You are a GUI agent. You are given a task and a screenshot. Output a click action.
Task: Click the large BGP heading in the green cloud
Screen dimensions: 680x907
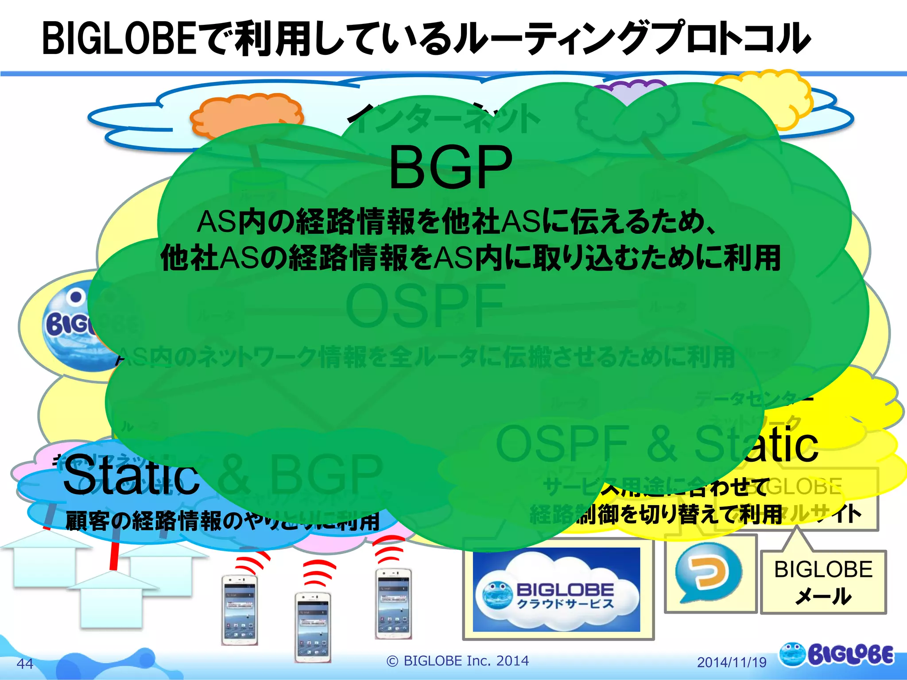[450, 168]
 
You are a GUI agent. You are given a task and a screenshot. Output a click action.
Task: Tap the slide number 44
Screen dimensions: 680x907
[25, 663]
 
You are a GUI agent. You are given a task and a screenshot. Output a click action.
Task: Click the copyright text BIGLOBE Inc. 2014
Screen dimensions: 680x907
[458, 661]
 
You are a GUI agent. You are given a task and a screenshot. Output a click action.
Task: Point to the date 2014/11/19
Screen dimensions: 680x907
[732, 662]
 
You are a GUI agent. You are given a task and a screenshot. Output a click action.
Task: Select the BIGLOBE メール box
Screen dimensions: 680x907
[823, 582]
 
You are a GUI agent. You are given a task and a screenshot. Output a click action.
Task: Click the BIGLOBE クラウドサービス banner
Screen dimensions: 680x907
[556, 590]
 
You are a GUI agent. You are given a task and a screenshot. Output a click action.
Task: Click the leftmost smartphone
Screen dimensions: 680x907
[240, 609]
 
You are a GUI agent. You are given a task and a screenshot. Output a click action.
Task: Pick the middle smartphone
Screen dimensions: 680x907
[313, 626]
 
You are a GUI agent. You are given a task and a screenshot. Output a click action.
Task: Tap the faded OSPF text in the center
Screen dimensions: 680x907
[425, 305]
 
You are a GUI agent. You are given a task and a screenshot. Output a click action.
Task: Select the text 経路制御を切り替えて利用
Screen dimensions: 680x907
[655, 514]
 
